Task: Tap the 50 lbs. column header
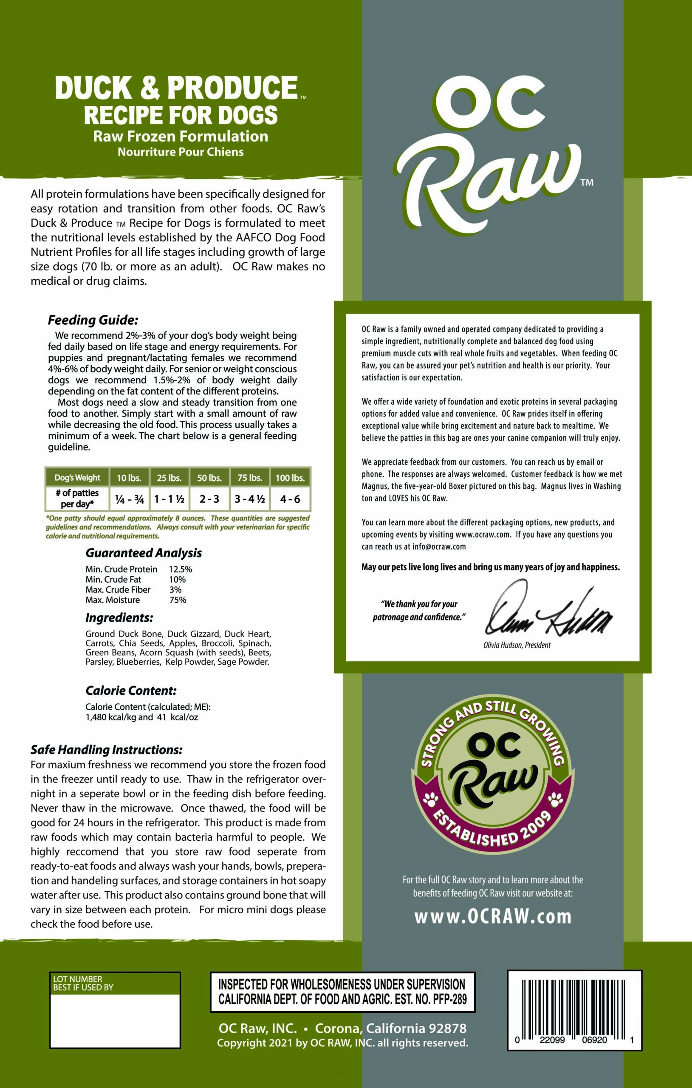tap(209, 478)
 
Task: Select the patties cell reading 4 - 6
tap(290, 499)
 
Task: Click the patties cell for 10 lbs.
tap(129, 499)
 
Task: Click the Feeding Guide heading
tap(93, 320)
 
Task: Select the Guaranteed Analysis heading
tap(144, 553)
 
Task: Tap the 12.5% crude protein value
tap(180, 569)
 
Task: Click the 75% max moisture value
tap(178, 600)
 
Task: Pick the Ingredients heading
tap(119, 618)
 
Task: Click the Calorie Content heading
tap(131, 690)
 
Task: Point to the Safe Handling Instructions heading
tap(107, 750)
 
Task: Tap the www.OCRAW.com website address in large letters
tap(493, 916)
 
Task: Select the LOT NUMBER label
tap(78, 979)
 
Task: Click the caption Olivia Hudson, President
tap(517, 645)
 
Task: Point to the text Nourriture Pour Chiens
tap(181, 152)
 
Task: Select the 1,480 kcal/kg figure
tap(111, 717)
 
